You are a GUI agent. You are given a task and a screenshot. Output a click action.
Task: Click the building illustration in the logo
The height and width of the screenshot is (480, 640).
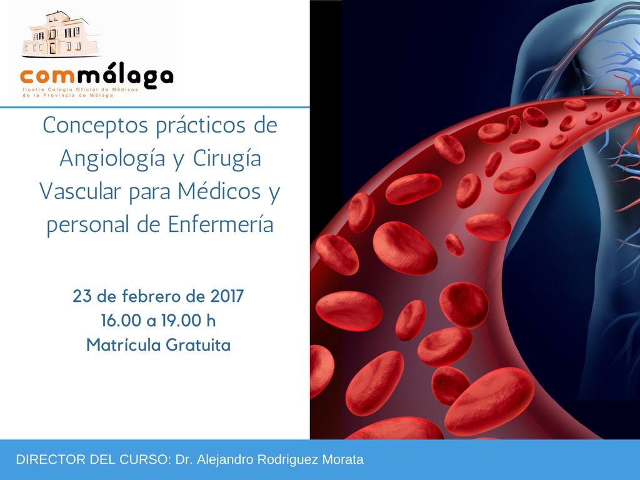(61, 34)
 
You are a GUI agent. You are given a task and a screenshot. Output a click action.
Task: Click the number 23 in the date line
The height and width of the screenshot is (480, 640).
(82, 296)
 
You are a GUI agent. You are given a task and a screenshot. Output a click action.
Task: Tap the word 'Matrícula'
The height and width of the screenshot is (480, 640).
(122, 345)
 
